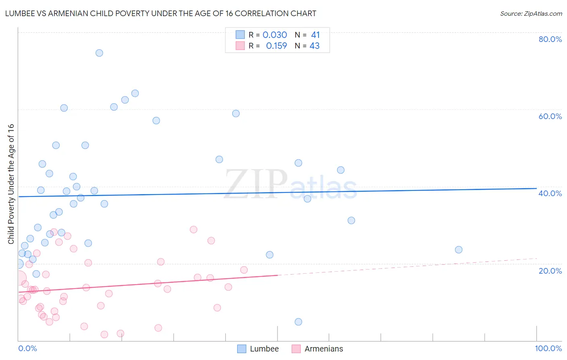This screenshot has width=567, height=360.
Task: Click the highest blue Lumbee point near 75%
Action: [99, 53]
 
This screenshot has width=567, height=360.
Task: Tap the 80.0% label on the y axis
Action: [550, 39]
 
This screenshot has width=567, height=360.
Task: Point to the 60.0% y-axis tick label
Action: [550, 116]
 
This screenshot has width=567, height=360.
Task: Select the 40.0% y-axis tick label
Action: [550, 193]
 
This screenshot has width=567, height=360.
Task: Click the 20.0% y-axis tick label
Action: [550, 271]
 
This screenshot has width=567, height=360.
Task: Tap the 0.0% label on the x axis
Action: [27, 348]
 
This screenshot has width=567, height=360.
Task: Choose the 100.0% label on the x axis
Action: [548, 348]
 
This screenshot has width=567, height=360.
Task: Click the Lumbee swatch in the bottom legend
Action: [242, 349]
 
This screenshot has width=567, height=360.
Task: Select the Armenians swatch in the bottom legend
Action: [296, 349]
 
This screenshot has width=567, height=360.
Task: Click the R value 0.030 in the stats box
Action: [275, 35]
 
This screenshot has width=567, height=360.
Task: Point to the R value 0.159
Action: [276, 46]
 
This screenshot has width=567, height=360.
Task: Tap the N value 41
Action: [315, 35]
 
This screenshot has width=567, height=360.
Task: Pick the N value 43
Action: [315, 46]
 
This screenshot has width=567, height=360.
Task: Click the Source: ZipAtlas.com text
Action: [531, 13]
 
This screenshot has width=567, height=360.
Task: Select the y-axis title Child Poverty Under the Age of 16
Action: [11, 184]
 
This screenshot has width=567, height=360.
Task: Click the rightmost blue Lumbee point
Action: [459, 249]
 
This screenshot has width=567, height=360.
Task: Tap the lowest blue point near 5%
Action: [298, 322]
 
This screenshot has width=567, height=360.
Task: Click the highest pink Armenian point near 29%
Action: [194, 229]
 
